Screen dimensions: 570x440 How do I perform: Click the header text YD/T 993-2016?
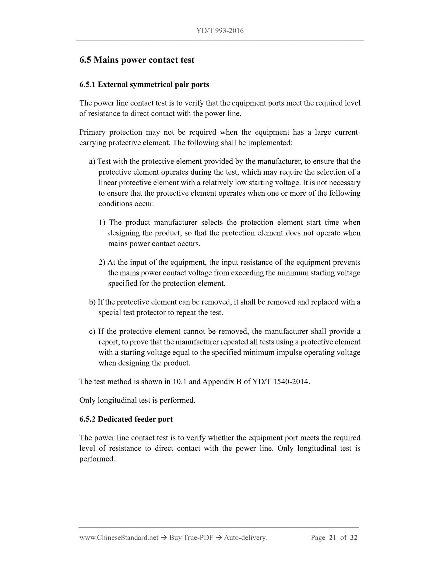pyautogui.click(x=220, y=31)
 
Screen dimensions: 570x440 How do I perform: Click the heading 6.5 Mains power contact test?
pyautogui.click(x=137, y=60)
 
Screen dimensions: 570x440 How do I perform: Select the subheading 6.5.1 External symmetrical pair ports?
pyautogui.click(x=144, y=84)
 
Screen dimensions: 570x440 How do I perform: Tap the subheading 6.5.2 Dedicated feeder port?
pyautogui.click(x=126, y=419)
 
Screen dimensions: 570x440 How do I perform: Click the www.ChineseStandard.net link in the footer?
pyautogui.click(x=119, y=538)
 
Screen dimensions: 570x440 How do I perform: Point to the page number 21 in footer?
pyautogui.click(x=333, y=538)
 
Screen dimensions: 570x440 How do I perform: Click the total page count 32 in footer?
pyautogui.click(x=354, y=538)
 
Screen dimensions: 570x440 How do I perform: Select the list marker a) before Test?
pyautogui.click(x=92, y=162)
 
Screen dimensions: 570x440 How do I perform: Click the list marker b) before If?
pyautogui.click(x=92, y=302)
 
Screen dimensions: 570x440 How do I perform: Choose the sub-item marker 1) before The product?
pyautogui.click(x=102, y=223)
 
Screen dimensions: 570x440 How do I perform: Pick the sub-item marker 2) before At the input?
pyautogui.click(x=102, y=262)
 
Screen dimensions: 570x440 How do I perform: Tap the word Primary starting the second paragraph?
pyautogui.click(x=93, y=132)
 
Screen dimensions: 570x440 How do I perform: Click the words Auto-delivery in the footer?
pyautogui.click(x=245, y=538)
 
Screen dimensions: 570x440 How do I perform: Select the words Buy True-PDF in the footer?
pyautogui.click(x=191, y=538)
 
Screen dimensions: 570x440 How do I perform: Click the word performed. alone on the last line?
pyautogui.click(x=97, y=459)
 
